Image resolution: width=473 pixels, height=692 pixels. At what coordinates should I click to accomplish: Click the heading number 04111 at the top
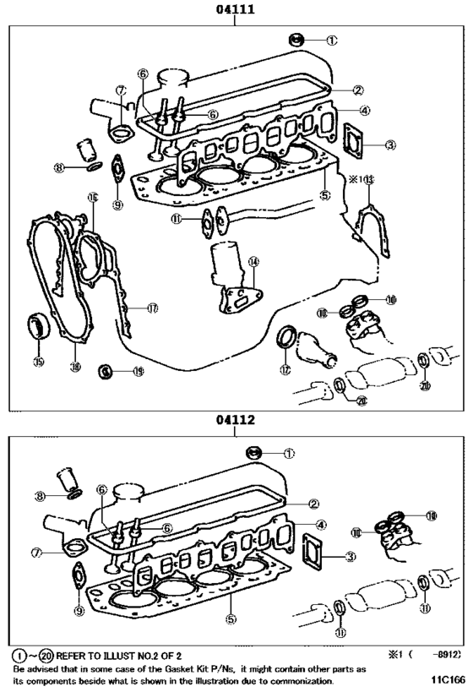tap(235, 9)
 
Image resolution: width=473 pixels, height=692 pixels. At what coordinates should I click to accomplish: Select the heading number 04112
tap(235, 419)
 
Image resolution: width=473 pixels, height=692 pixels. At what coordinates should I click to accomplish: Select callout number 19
tap(138, 371)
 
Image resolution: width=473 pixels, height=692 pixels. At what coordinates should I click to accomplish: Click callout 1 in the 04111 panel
tap(331, 39)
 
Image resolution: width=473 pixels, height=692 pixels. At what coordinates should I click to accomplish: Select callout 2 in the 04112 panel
tap(313, 504)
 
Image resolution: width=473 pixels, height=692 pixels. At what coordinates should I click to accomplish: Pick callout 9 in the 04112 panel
tap(79, 611)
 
